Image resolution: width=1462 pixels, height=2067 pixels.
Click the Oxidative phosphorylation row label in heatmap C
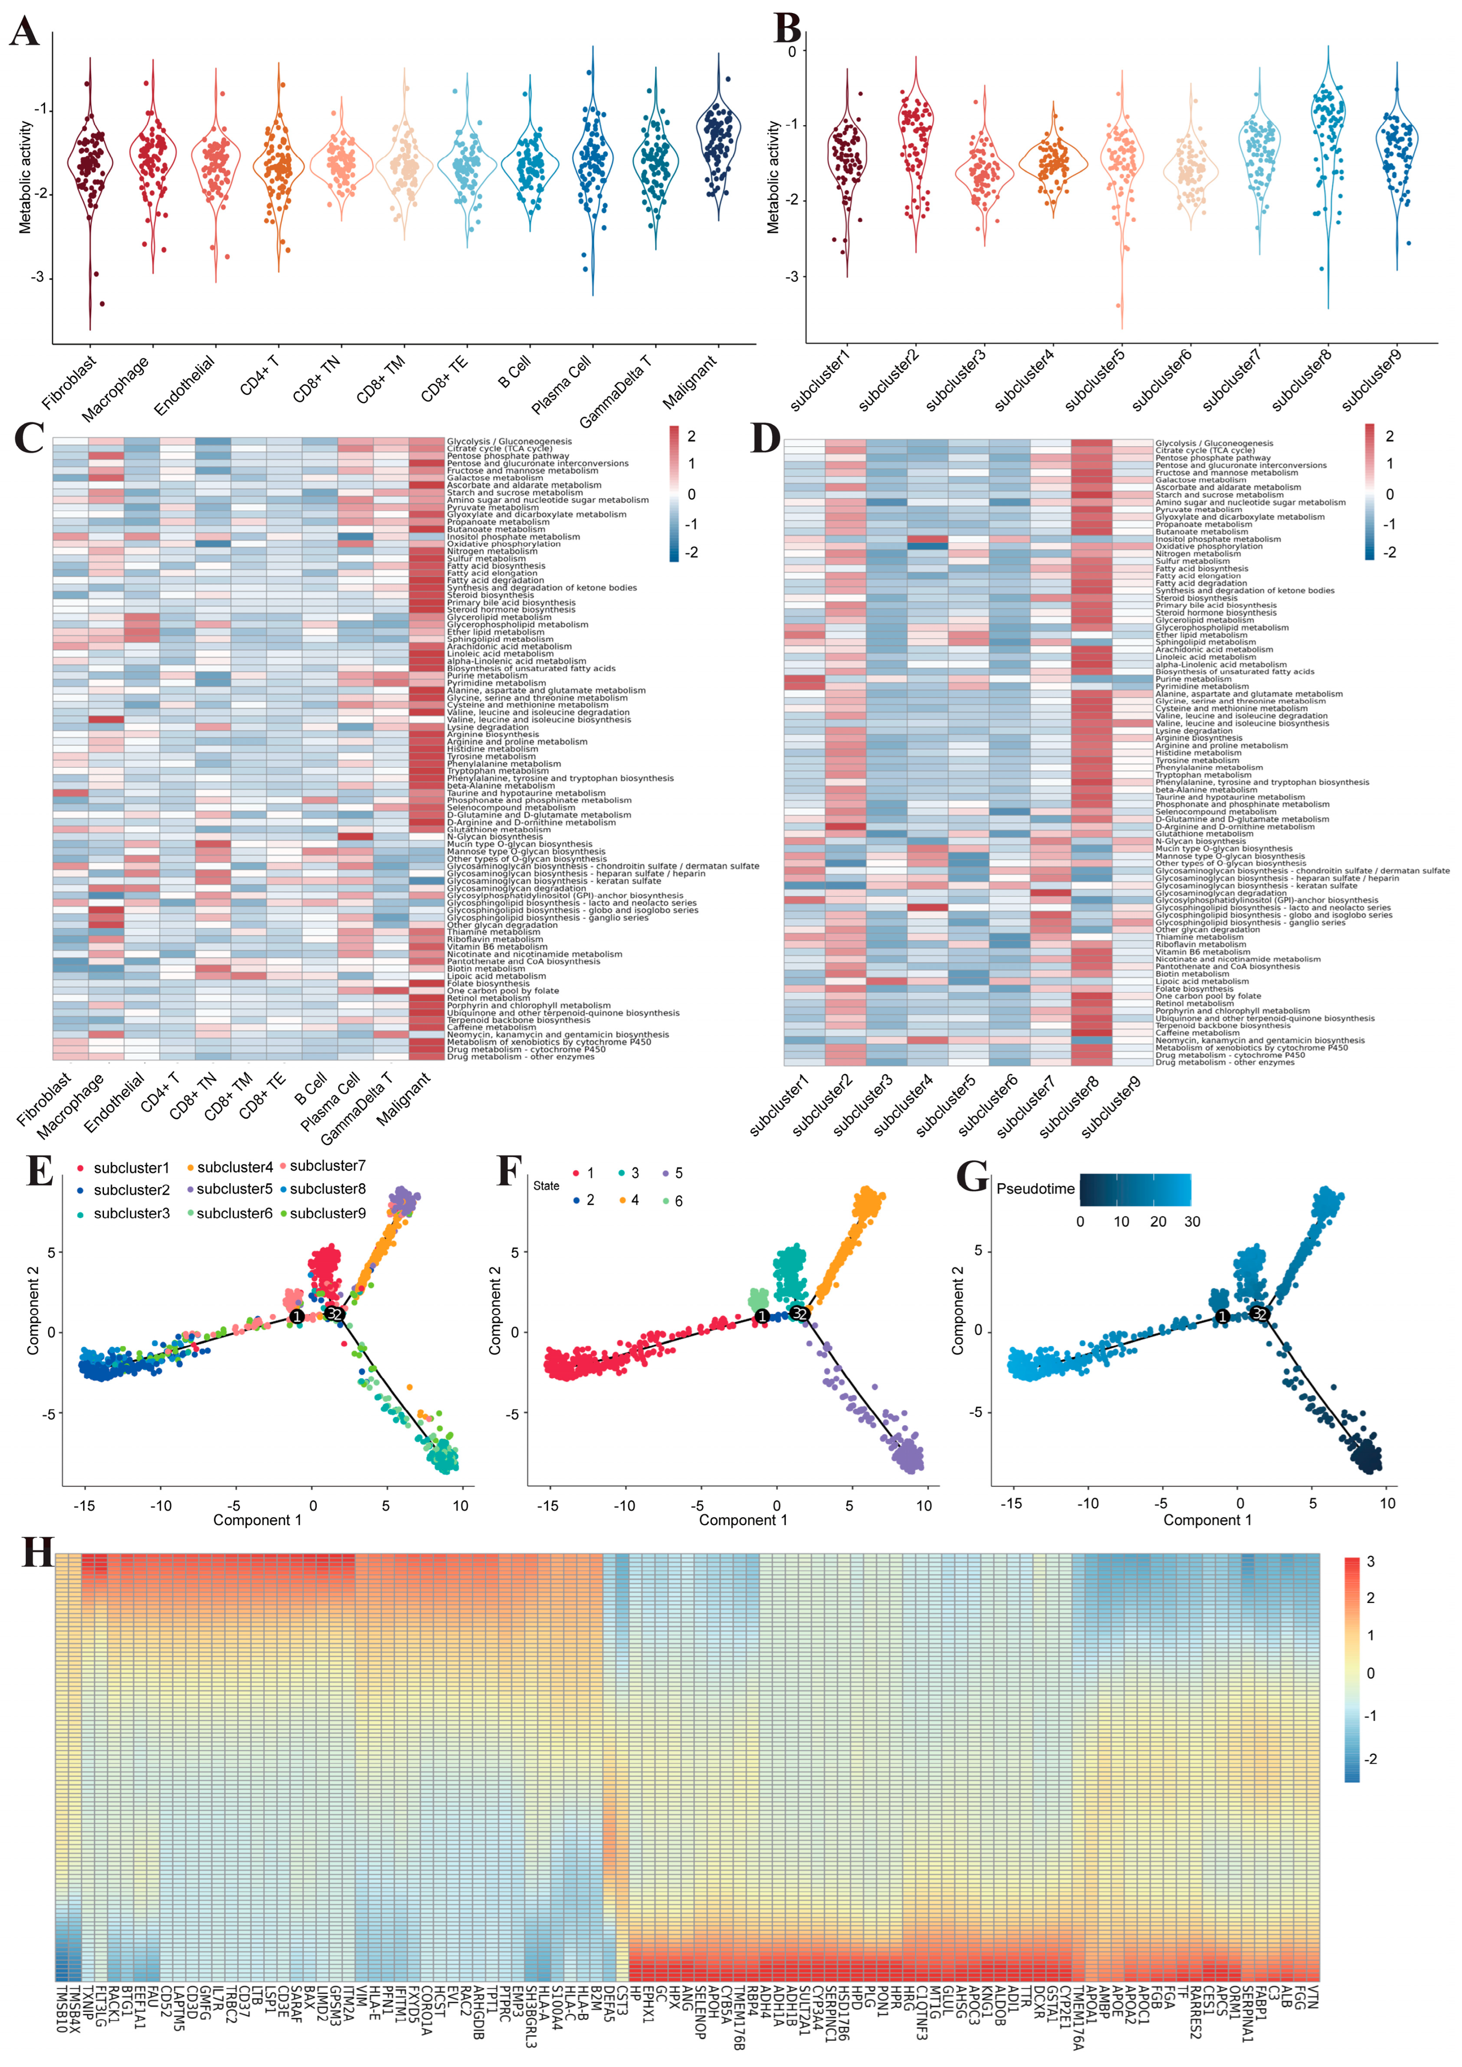coord(503,544)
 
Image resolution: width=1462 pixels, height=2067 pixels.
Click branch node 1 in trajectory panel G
coord(1222,1316)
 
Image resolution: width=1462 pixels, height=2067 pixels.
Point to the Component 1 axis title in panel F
coord(743,1520)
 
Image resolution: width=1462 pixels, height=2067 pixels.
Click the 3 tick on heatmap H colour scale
coord(1370,1562)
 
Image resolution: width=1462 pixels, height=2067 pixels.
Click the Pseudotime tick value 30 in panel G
coord(1192,1222)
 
